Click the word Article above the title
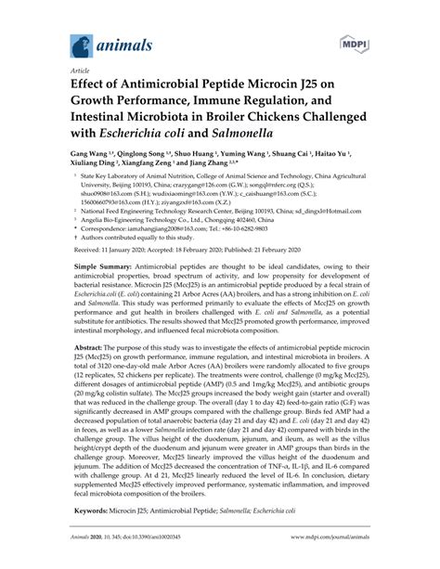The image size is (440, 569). tap(70, 71)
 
